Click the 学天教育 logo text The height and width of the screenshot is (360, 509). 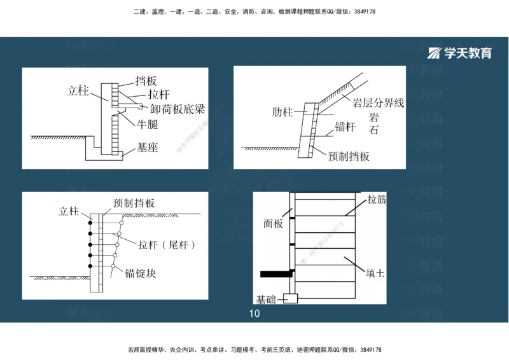[x=468, y=53]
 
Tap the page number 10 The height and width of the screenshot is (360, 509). [x=254, y=314]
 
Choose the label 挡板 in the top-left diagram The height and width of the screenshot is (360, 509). [x=146, y=81]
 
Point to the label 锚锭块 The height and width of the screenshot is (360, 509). [x=141, y=274]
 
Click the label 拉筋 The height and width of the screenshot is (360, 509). [x=376, y=199]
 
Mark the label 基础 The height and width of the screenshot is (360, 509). [x=266, y=299]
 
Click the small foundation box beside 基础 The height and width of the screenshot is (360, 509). [x=291, y=298]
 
